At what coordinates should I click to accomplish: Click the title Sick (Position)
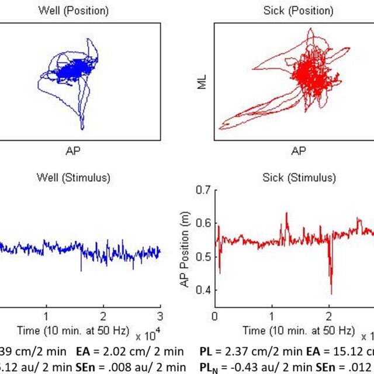(x=299, y=11)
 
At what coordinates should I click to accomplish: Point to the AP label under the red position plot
(x=299, y=151)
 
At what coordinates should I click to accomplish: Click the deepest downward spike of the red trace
(x=331, y=293)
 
